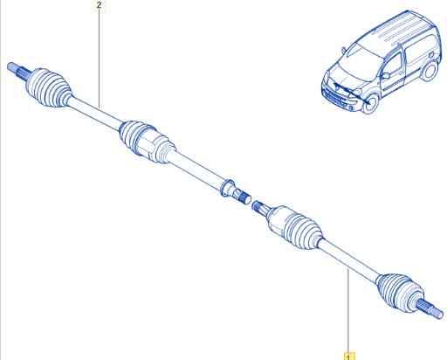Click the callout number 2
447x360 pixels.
click(100, 5)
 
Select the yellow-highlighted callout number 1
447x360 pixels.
click(348, 357)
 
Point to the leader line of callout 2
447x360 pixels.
click(100, 59)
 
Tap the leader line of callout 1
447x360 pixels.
click(348, 310)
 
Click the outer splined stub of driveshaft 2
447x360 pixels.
click(18, 71)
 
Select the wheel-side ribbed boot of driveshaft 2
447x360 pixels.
click(49, 87)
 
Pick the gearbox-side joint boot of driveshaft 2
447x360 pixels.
click(148, 142)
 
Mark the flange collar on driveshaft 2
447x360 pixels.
click(227, 188)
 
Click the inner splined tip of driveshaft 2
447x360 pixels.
click(244, 197)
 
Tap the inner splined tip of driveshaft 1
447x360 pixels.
click(258, 206)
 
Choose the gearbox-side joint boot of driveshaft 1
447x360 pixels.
click(294, 227)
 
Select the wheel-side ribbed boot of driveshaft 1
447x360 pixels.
click(399, 291)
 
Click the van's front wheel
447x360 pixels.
click(370, 104)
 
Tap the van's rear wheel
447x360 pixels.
click(430, 71)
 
